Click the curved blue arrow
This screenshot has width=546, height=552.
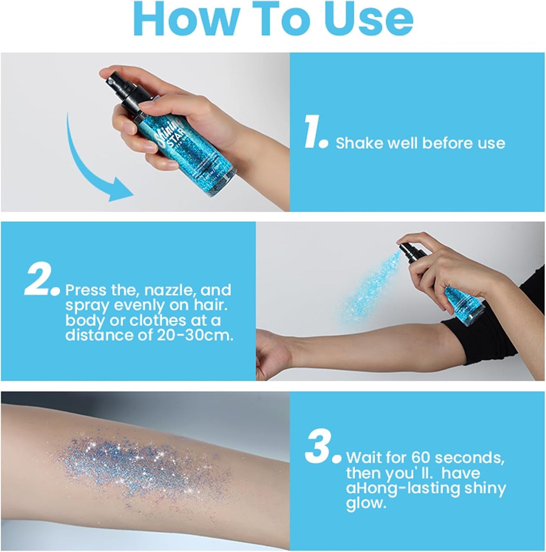tap(91, 166)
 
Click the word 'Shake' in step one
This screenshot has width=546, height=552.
tap(359, 143)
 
